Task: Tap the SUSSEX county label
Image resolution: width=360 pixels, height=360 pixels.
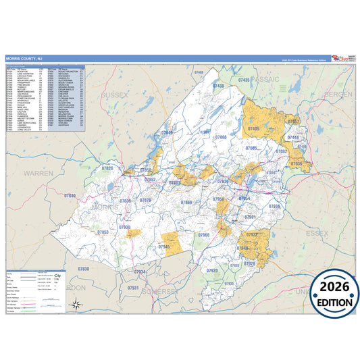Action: pos(114,95)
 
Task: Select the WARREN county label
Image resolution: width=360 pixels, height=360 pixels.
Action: pos(38,174)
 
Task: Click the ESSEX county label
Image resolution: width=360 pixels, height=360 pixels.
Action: pos(316,232)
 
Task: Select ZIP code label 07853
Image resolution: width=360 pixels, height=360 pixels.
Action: pos(103,232)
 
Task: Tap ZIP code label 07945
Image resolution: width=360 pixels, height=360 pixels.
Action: pos(164,247)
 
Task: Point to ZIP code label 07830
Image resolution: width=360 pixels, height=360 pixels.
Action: pos(82,269)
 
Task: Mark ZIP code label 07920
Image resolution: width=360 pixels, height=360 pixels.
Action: pos(211,270)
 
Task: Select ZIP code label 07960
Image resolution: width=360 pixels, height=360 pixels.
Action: pos(203,234)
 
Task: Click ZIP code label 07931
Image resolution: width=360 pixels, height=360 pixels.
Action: pos(132,288)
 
